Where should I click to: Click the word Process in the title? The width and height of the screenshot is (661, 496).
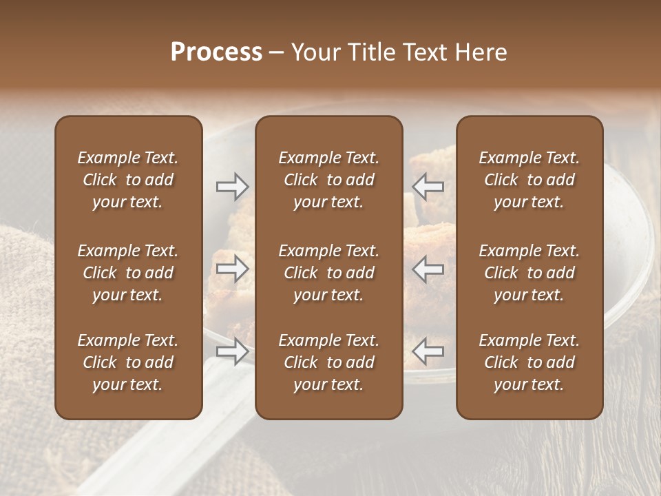click(x=216, y=52)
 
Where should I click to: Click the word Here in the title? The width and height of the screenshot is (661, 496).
click(x=481, y=52)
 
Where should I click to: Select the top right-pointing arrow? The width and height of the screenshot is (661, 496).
click(x=232, y=187)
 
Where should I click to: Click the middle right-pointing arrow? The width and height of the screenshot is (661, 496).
click(x=232, y=269)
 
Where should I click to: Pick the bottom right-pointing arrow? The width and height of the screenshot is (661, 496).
click(x=232, y=352)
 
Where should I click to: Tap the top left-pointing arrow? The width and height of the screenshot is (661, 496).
click(x=428, y=187)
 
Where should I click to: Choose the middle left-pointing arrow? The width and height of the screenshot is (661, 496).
click(x=428, y=269)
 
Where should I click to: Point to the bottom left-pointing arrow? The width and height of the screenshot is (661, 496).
click(x=428, y=352)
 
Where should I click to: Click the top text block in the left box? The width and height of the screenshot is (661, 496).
click(x=128, y=180)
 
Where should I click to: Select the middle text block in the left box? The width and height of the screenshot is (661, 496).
click(x=128, y=273)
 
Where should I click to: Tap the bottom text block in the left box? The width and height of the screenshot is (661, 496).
click(x=128, y=362)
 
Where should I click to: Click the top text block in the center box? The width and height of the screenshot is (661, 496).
click(x=329, y=180)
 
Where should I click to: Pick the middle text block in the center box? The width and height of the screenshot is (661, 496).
click(x=329, y=273)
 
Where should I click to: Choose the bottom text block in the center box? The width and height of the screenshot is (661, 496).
click(x=329, y=362)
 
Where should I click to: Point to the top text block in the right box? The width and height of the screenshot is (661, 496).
click(x=529, y=180)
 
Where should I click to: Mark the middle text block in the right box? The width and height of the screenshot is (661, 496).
click(x=529, y=273)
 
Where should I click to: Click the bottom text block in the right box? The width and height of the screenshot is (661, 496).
click(x=529, y=362)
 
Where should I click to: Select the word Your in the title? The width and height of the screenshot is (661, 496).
click(x=315, y=52)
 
